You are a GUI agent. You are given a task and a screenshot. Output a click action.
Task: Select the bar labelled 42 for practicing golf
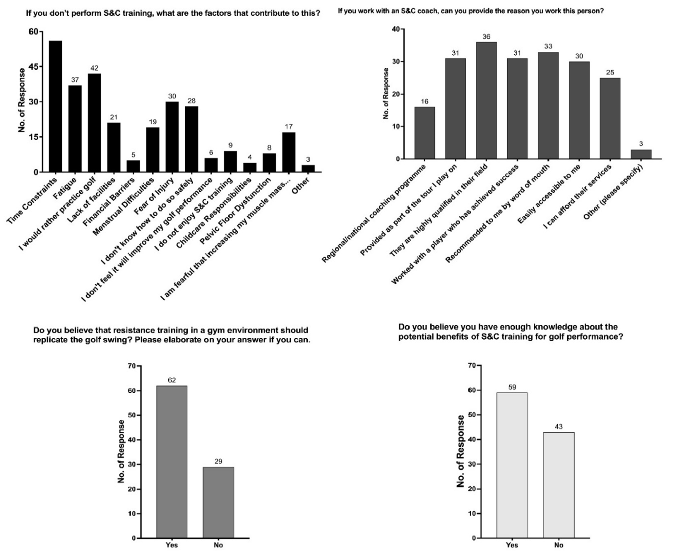pos(94,122)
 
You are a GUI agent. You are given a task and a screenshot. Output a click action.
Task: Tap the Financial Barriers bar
pos(133,166)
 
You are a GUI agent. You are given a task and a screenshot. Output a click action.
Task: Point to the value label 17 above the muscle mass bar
pos(288,127)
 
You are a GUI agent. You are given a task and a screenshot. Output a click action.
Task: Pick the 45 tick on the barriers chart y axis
pos(33,67)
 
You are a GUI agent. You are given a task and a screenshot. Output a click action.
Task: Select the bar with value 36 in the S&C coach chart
pos(486,100)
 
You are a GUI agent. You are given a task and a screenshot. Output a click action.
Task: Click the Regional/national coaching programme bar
pos(424,133)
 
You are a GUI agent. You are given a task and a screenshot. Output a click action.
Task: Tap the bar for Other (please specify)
pos(641,154)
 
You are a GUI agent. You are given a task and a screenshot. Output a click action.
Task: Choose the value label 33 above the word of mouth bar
pos(548,47)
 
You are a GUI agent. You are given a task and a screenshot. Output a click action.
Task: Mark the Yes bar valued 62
pos(172,462)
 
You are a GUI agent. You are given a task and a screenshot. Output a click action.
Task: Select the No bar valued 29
pos(218,502)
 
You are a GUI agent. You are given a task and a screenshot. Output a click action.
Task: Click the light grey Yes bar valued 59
pos(512,465)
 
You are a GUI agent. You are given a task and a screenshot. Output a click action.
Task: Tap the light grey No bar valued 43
pos(558,485)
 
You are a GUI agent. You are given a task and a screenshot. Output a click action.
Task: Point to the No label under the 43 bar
pos(558,545)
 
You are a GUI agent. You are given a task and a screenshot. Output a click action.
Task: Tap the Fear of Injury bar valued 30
pos(172,137)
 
